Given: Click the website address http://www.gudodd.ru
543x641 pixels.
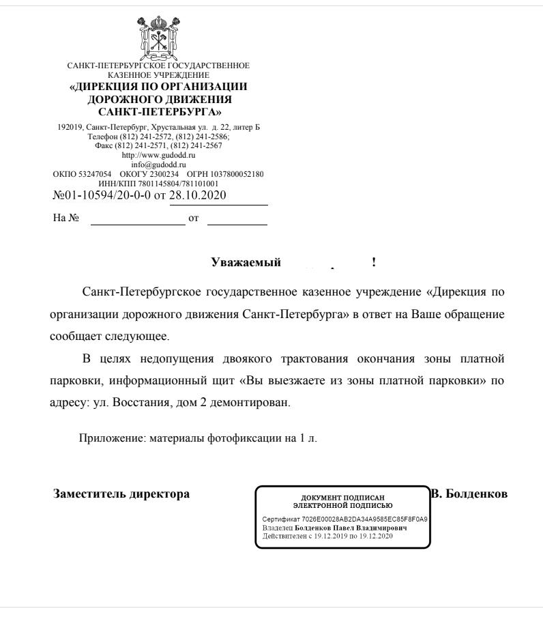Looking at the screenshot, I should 158,155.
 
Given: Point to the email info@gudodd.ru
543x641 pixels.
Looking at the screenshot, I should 158,164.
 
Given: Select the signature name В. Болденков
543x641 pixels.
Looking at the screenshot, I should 469,494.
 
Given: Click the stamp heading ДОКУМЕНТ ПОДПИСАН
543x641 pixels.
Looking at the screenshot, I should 342,498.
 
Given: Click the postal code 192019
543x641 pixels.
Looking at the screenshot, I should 66,128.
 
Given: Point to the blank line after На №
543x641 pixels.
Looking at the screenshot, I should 137,220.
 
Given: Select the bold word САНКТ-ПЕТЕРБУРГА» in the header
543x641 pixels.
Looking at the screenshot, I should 158,111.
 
